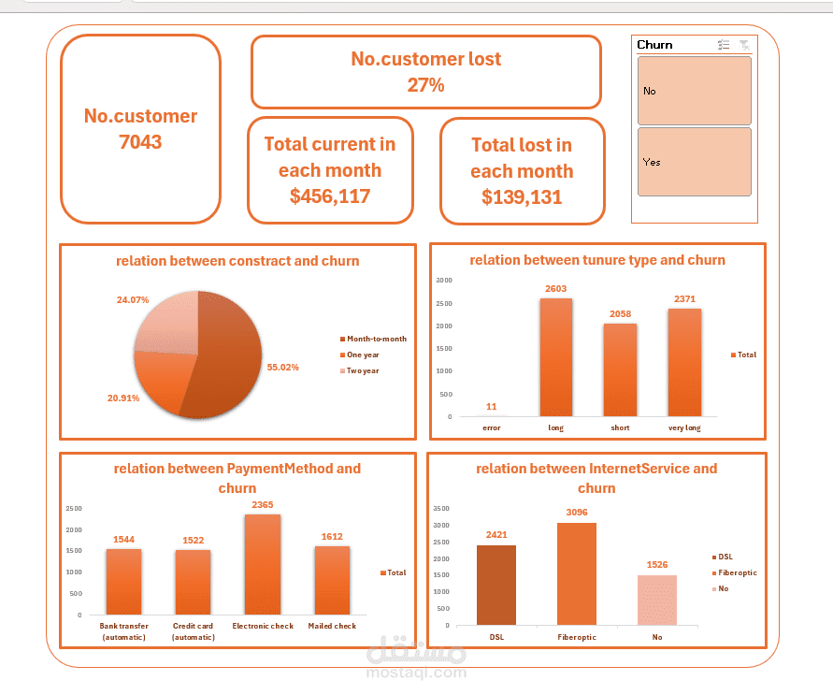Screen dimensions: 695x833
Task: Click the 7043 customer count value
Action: pos(140,142)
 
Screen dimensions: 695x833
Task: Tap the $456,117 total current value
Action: pos(330,196)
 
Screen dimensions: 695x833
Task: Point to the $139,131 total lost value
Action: pos(522,197)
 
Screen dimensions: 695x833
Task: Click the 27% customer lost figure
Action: pos(425,85)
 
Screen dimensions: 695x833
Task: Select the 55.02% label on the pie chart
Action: pos(282,368)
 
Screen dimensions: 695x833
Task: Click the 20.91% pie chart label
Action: pos(124,398)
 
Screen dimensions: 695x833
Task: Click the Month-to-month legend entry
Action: pos(376,339)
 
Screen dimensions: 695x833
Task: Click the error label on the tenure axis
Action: pos(492,427)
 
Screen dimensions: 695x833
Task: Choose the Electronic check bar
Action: pos(262,565)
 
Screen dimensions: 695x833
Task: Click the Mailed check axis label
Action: pos(332,626)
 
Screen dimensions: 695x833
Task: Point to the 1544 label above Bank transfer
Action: pos(124,540)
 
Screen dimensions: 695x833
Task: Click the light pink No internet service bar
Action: pos(656,600)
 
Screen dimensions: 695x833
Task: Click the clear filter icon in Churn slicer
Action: pos(743,45)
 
